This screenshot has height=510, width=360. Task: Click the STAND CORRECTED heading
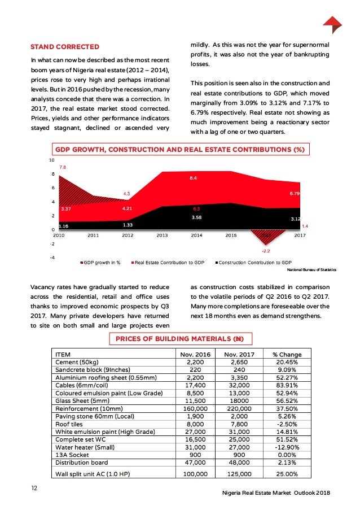point(65,46)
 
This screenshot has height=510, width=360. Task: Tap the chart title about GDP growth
point(179,150)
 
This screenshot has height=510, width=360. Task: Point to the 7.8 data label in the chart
point(63,168)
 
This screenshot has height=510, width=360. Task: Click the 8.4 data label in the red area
point(192,178)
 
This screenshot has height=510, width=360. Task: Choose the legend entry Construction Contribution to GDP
point(255,263)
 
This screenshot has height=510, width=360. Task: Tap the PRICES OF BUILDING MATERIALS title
point(179,339)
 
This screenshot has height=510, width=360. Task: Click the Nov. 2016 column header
point(195,354)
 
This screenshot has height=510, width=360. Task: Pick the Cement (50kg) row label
point(77,362)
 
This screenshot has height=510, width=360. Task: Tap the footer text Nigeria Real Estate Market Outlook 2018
point(276,493)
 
